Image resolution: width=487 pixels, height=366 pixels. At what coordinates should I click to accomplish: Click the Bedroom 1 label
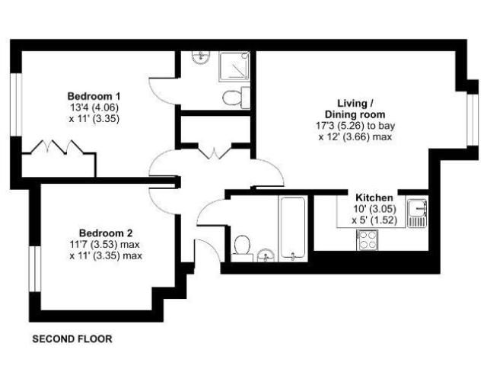click(x=94, y=96)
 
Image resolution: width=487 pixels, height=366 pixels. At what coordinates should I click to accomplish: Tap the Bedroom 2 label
click(x=106, y=233)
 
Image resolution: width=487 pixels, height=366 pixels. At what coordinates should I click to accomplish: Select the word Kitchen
click(x=369, y=197)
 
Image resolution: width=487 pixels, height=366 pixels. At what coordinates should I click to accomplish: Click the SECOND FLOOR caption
click(x=72, y=338)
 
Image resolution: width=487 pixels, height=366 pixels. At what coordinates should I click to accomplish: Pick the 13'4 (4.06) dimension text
click(x=94, y=108)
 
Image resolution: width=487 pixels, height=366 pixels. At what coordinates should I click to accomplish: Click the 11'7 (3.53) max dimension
click(x=106, y=244)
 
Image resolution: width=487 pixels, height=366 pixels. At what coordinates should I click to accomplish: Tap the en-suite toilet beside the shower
click(x=237, y=97)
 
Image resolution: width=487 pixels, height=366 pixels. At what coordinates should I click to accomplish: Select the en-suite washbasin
click(x=199, y=58)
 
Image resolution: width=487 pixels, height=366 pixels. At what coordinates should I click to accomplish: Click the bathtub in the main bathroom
click(x=292, y=227)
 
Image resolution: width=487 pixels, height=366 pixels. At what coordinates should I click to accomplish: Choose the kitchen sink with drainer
click(x=417, y=213)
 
